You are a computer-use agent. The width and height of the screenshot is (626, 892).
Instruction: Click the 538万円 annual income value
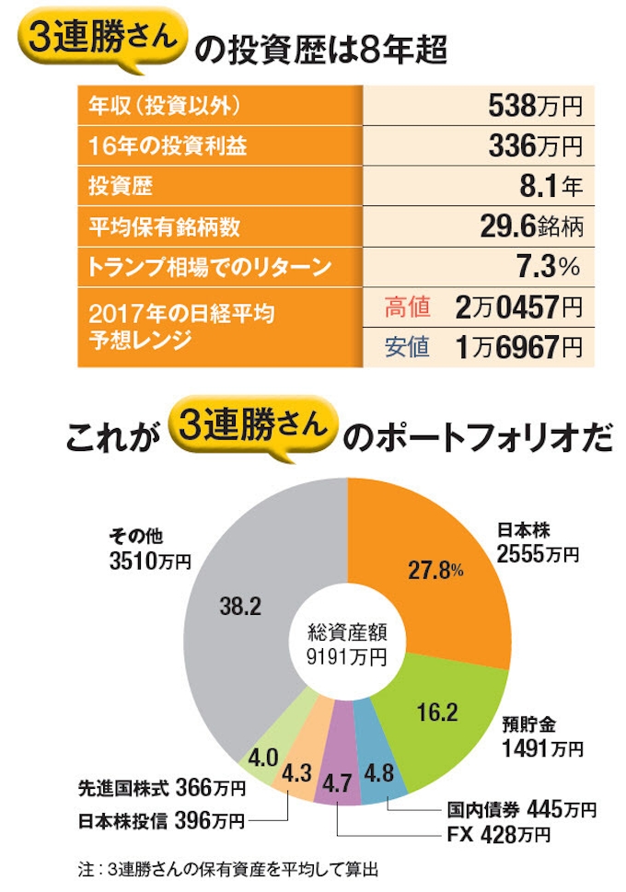(534, 107)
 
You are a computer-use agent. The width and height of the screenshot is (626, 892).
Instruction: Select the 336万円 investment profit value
(534, 146)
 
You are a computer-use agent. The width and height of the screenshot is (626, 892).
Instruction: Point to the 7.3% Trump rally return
(550, 267)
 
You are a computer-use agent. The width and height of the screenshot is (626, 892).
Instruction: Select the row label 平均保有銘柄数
(151, 226)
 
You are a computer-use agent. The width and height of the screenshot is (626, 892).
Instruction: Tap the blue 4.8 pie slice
(378, 769)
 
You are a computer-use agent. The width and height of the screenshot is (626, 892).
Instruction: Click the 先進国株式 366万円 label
(162, 788)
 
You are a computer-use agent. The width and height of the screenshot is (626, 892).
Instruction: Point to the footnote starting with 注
(230, 868)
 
